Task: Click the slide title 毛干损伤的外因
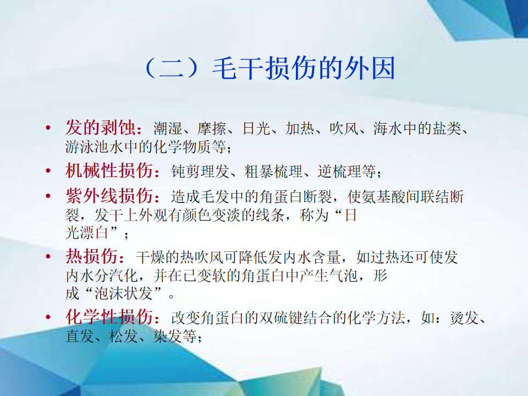click(304, 68)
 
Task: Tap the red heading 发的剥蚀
click(101, 127)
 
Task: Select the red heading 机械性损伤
click(109, 170)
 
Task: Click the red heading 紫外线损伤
click(109, 196)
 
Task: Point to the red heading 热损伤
click(92, 256)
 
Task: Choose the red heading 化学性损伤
click(109, 317)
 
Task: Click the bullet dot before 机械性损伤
click(48, 170)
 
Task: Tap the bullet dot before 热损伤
click(48, 257)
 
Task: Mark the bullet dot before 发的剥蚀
click(48, 128)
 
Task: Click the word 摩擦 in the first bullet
click(212, 128)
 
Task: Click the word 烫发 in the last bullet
click(464, 317)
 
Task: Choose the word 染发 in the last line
click(167, 335)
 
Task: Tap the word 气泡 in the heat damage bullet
click(343, 276)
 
